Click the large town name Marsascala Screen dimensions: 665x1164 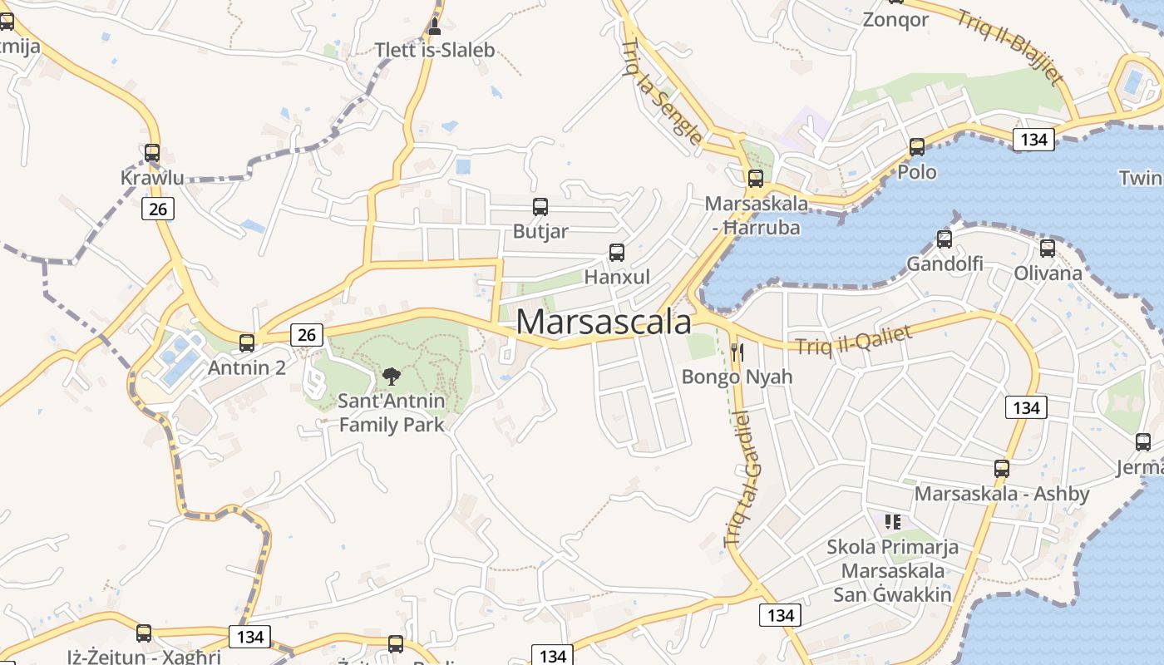(x=604, y=323)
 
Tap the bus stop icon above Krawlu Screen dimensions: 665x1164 (x=152, y=153)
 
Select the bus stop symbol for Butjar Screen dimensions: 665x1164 (x=540, y=207)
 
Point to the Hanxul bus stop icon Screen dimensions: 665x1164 (x=617, y=253)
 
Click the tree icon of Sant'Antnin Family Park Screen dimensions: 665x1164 (x=391, y=377)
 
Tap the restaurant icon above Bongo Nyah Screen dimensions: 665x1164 (x=736, y=352)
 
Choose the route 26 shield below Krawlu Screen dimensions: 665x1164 (x=157, y=209)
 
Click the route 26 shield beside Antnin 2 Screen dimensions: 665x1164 (x=307, y=334)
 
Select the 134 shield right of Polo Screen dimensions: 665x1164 (x=1033, y=140)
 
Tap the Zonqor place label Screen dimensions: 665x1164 (x=895, y=20)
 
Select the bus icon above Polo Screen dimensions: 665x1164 (x=917, y=147)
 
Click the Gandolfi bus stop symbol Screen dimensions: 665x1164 (x=945, y=239)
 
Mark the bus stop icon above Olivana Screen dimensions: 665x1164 (x=1048, y=248)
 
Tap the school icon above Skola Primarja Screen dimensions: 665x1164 (x=893, y=522)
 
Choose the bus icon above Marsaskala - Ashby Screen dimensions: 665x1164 (x=1002, y=469)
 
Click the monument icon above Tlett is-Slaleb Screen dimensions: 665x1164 (x=434, y=26)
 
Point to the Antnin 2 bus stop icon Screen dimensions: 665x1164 (x=247, y=342)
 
